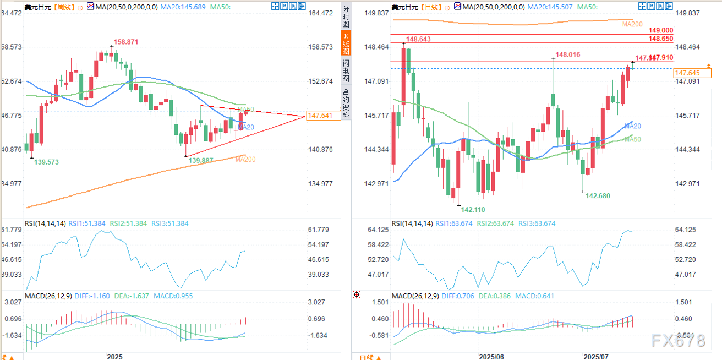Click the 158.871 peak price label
pos(126,42)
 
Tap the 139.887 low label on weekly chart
pos(202,160)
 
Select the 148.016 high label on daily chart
pos(568,54)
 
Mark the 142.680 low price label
pos(598,195)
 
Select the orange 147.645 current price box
pos(687,73)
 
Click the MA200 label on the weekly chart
pos(245,159)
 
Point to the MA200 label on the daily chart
pos(632,24)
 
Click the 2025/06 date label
pos(491,356)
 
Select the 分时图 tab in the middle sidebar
pos(346,17)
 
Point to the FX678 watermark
pos(678,341)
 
